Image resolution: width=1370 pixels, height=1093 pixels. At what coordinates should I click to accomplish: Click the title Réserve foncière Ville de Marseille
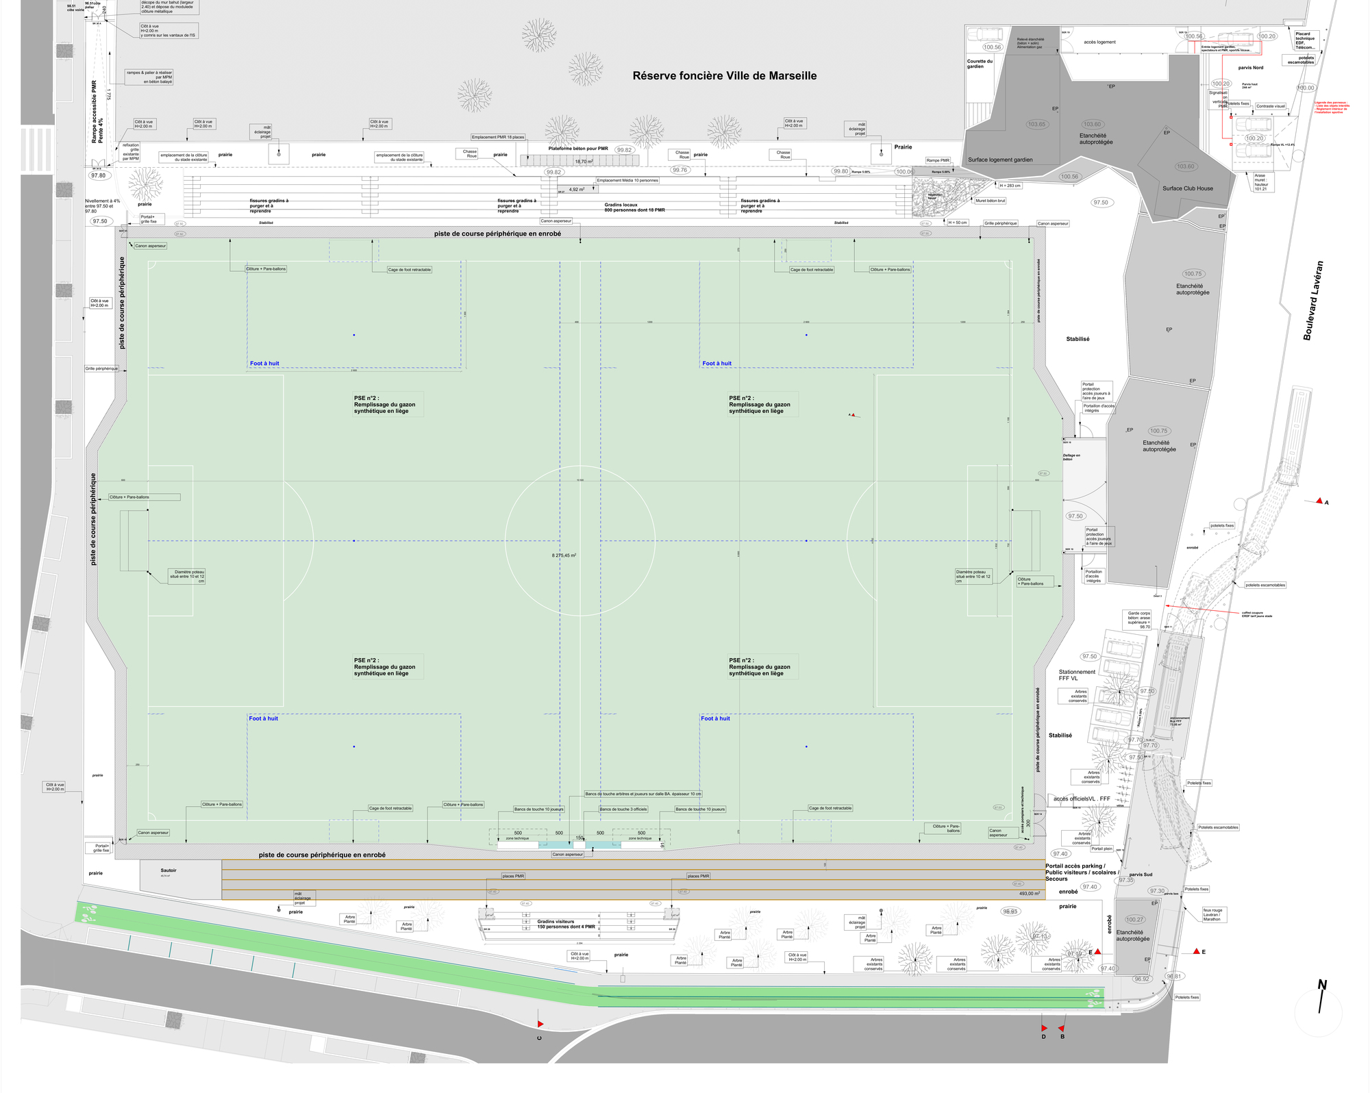(724, 76)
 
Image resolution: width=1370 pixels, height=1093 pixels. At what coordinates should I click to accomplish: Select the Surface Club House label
(1187, 188)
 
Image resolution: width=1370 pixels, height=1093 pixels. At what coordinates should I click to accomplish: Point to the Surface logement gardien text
(1000, 160)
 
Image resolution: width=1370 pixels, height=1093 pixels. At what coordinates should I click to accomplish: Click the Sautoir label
(169, 870)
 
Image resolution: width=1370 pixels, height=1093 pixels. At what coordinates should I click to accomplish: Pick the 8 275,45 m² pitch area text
(564, 555)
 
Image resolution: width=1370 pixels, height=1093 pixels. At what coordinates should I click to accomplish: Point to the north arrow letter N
(1322, 985)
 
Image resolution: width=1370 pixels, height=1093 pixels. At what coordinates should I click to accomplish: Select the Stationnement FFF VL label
(1077, 675)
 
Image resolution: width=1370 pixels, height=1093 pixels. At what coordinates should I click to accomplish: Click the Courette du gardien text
(980, 64)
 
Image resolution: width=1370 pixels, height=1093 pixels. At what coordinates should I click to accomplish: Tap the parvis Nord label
(1251, 68)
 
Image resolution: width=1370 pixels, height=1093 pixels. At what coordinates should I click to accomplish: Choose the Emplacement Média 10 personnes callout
(627, 181)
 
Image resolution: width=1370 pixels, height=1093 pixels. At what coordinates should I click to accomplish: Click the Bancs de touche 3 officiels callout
(623, 809)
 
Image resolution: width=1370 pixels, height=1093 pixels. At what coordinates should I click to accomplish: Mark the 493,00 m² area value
(1030, 893)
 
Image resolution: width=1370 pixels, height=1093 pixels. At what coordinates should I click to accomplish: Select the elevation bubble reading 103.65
(1036, 125)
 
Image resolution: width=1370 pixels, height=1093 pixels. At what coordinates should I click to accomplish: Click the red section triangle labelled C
(540, 1024)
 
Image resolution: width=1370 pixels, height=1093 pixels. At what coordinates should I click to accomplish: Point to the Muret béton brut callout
(990, 201)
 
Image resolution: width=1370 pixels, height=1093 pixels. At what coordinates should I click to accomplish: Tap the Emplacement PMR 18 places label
(498, 137)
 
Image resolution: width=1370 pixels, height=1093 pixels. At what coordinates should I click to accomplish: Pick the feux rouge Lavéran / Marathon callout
(1212, 914)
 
